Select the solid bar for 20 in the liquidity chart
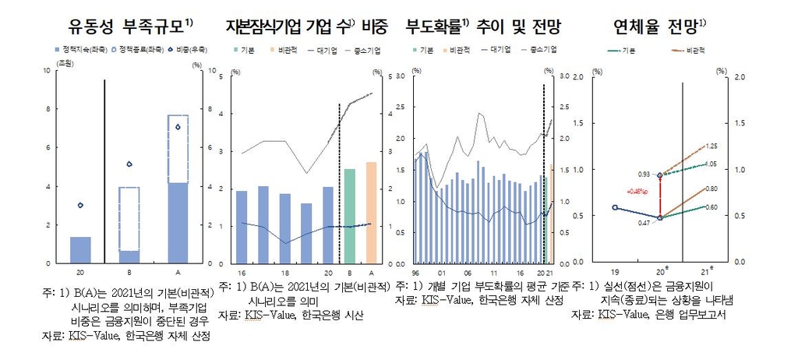pyautogui.click(x=80, y=249)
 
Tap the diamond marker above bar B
pyautogui.click(x=129, y=164)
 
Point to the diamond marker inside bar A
pyautogui.click(x=178, y=127)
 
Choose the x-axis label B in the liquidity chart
pyautogui.click(x=129, y=272)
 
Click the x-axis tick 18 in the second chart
pyautogui.click(x=285, y=272)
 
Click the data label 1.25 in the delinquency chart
pyautogui.click(x=711, y=146)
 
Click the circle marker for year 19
pyautogui.click(x=616, y=207)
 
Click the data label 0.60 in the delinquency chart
pyautogui.click(x=711, y=207)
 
